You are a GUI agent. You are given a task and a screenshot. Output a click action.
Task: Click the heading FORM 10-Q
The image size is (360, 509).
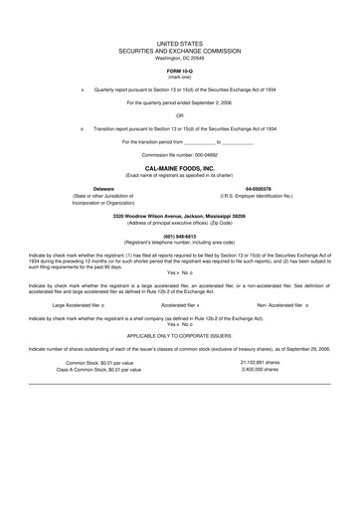tap(180, 70)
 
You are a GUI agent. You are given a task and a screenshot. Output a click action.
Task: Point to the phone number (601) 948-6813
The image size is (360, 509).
tap(180, 236)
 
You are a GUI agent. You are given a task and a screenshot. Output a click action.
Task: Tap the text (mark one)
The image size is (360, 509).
tap(180, 76)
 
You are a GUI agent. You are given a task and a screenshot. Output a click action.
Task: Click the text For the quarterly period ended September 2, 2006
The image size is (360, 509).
tap(180, 102)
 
